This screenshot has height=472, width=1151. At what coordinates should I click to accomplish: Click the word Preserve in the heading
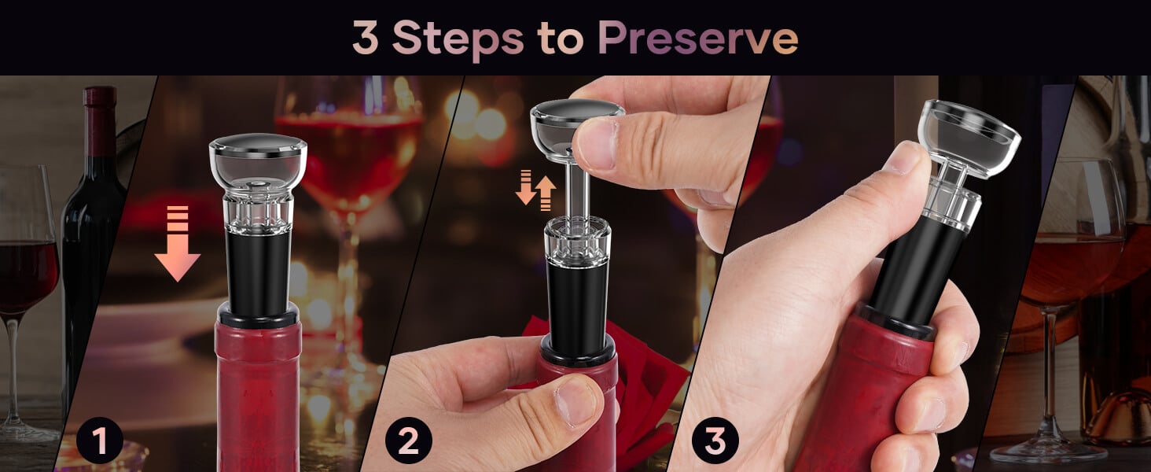tap(698, 39)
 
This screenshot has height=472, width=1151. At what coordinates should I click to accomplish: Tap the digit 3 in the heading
tap(366, 38)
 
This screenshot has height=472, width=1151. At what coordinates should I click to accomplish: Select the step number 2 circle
tap(409, 441)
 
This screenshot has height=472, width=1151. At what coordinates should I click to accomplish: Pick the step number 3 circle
tap(715, 441)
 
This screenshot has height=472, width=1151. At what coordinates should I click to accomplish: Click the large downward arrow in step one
tap(177, 243)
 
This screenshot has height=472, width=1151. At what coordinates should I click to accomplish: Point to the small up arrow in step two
tap(546, 194)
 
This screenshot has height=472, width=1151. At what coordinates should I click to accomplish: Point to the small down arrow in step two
tap(526, 187)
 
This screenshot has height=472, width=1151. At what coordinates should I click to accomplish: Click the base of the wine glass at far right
tap(1048, 452)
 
